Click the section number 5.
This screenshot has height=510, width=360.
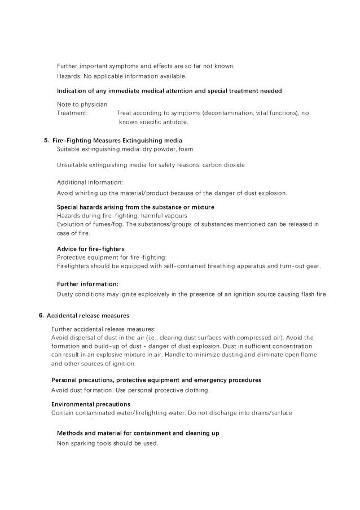46,140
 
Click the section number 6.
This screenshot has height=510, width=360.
41,315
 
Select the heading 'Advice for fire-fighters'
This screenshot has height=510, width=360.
91,249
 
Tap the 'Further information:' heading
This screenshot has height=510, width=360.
87,284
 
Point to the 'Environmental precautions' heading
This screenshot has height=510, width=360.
91,404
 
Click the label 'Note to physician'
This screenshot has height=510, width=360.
82,104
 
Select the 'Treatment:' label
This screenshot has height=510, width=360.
72,113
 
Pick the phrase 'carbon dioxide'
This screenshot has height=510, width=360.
224,165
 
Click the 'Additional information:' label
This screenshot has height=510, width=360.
90,182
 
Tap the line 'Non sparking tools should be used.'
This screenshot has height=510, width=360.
108,443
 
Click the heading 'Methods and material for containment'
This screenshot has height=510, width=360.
138,433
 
